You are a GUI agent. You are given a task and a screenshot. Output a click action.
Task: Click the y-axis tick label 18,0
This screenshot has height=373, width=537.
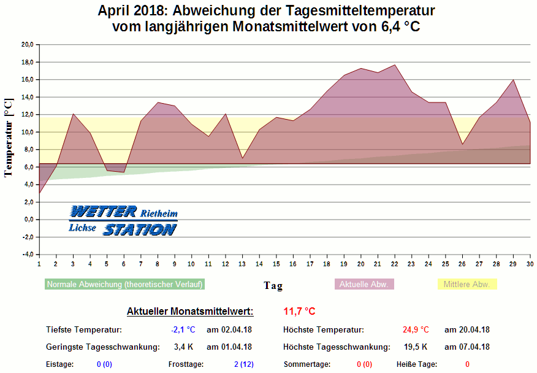pos(27,62)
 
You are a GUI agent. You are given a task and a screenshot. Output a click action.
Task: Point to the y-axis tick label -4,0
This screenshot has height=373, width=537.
pos(27,255)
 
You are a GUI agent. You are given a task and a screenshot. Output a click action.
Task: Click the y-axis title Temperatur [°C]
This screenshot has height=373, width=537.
pos(9,138)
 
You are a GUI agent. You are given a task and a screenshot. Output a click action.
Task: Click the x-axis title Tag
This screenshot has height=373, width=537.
pos(273,285)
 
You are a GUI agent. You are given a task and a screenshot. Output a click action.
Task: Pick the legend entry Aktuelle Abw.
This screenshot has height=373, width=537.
pos(364,284)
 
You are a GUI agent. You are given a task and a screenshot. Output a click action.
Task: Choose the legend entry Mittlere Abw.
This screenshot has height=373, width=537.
pos(467,284)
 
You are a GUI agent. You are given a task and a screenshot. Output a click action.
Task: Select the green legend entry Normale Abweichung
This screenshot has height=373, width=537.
pos(124,284)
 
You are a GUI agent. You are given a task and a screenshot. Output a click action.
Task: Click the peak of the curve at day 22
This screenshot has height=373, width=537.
pos(395,65)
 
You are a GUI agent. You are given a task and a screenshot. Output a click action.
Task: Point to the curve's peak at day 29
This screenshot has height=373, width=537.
pos(513,80)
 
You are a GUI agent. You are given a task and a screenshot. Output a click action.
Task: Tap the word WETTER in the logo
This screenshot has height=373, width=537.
pos(103,212)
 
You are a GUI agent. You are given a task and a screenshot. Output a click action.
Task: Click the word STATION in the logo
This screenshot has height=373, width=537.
pos(140,229)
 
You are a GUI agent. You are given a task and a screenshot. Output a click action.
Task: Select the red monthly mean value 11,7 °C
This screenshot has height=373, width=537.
pos(299,312)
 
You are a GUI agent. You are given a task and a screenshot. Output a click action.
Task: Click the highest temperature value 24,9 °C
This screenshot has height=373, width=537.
pos(416,330)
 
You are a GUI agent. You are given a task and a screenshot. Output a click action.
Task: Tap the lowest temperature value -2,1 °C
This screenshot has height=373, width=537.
pos(183,330)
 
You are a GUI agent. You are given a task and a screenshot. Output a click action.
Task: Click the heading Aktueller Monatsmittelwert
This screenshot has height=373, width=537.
pos(189,312)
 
